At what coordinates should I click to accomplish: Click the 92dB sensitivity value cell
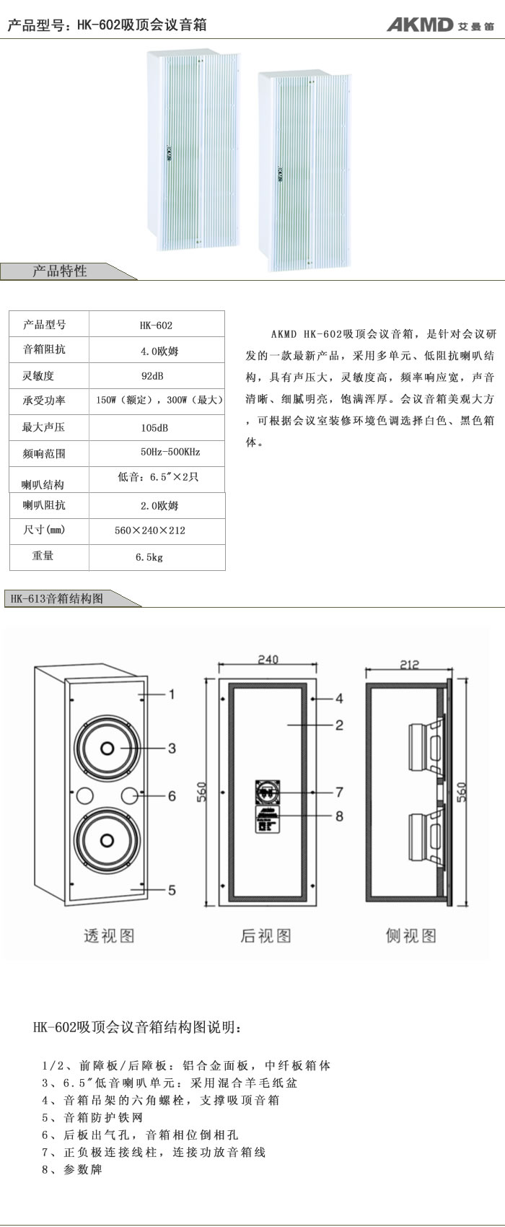coord(157,376)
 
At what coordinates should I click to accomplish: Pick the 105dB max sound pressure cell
coord(157,427)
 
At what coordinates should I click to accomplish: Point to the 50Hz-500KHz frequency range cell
coord(157,453)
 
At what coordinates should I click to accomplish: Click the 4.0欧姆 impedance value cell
coord(157,350)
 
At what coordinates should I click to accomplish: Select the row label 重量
coord(43,556)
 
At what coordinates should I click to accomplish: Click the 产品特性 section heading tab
coord(60,271)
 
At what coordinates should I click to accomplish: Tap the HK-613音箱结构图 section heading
coord(57,598)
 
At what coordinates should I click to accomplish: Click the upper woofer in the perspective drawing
coord(107,748)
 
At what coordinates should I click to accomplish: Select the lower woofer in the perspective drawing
coord(107,840)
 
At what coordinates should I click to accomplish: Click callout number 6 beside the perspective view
coord(172,796)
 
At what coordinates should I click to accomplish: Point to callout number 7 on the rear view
coord(339,792)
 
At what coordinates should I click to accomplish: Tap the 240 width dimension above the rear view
coord(268,660)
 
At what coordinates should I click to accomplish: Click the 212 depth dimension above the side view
coord(409,665)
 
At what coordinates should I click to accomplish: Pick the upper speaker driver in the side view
coord(426,746)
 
